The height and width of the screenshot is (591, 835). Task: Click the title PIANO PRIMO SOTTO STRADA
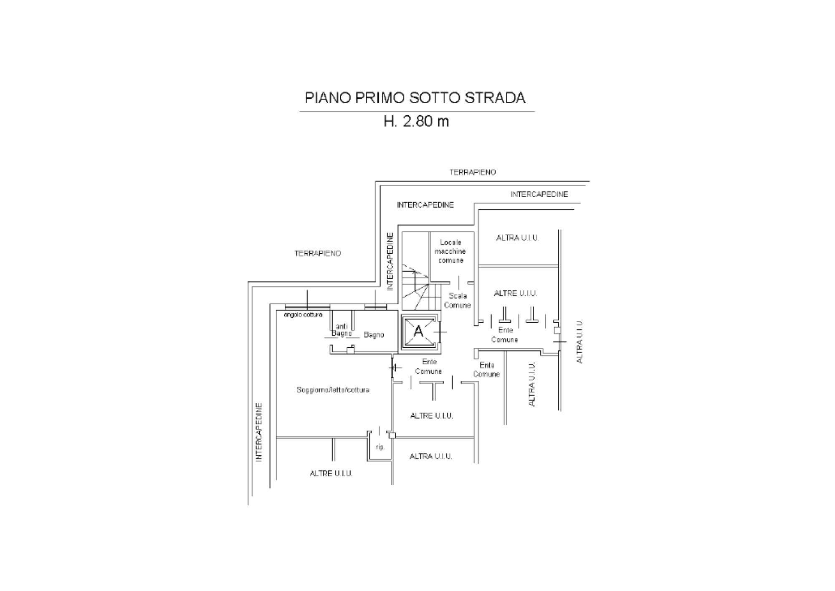[x=415, y=98]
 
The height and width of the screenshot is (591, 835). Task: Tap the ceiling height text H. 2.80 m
[x=416, y=122]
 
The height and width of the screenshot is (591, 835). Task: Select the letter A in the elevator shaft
[x=418, y=331]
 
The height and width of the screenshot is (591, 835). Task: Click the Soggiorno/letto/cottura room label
[x=333, y=390]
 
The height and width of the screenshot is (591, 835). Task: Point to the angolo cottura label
[x=303, y=315]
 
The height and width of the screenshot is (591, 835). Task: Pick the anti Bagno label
[x=342, y=330]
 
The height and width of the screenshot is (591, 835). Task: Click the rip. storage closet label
[x=380, y=447]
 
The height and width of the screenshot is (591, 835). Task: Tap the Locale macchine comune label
[x=450, y=251]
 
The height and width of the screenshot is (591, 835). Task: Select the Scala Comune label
[x=457, y=301]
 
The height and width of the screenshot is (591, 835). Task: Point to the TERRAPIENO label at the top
[x=472, y=172]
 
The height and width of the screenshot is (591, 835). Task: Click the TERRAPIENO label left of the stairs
[x=318, y=253]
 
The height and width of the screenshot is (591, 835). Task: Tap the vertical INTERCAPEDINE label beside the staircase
[x=390, y=262]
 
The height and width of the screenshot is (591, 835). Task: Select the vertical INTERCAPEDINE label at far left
[x=259, y=432]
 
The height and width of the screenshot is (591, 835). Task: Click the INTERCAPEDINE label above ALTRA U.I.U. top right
[x=539, y=194]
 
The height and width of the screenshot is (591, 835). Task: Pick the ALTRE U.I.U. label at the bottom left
[x=331, y=474]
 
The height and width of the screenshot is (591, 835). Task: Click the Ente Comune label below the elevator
[x=429, y=367]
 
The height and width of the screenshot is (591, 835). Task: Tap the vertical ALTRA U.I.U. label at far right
[x=579, y=341]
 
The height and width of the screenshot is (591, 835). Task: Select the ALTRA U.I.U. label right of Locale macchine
[x=517, y=238]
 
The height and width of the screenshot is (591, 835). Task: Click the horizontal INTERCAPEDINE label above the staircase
[x=425, y=205]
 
